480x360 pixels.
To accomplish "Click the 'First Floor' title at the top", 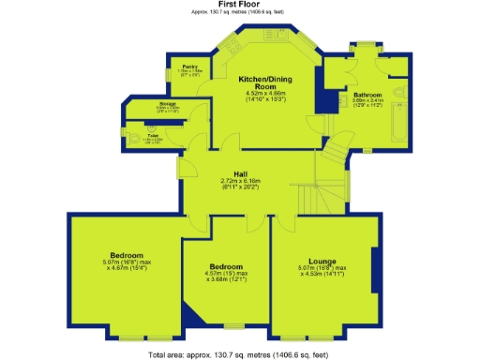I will tap(239, 4).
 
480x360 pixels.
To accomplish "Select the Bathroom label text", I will tap(367, 95).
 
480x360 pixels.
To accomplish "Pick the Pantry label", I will tap(188, 67).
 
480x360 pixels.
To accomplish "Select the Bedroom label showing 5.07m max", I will tap(126, 255).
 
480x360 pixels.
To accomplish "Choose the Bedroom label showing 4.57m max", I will tap(227, 266).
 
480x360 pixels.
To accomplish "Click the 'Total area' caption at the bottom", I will tap(239, 354).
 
